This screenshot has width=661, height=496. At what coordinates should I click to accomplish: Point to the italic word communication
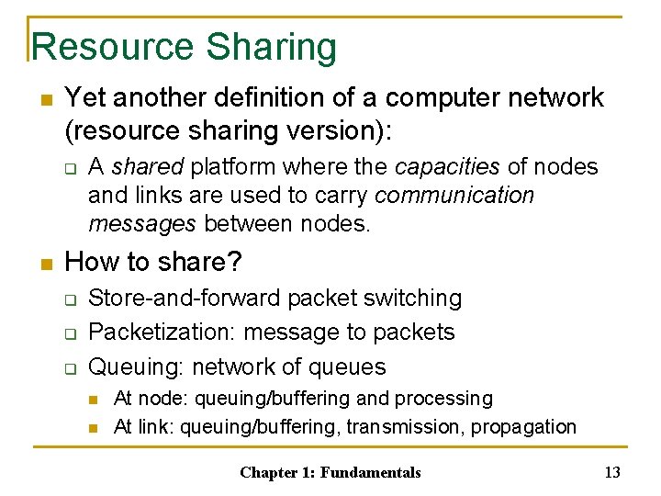click(x=454, y=196)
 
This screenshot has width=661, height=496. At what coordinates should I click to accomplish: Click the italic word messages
click(x=143, y=224)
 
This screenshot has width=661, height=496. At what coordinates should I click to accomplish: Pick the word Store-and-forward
click(x=185, y=298)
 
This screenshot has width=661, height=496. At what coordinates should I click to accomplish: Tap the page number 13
click(x=612, y=473)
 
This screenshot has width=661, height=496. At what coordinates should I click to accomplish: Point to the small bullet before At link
click(x=94, y=428)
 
